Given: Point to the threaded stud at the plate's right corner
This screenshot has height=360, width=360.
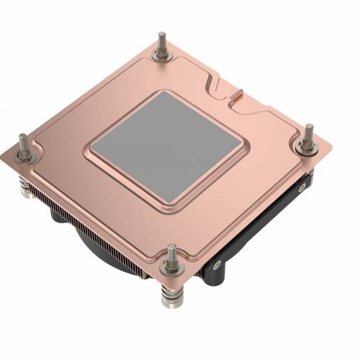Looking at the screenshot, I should (308, 133).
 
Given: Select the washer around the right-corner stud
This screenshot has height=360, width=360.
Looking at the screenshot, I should (307, 147).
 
